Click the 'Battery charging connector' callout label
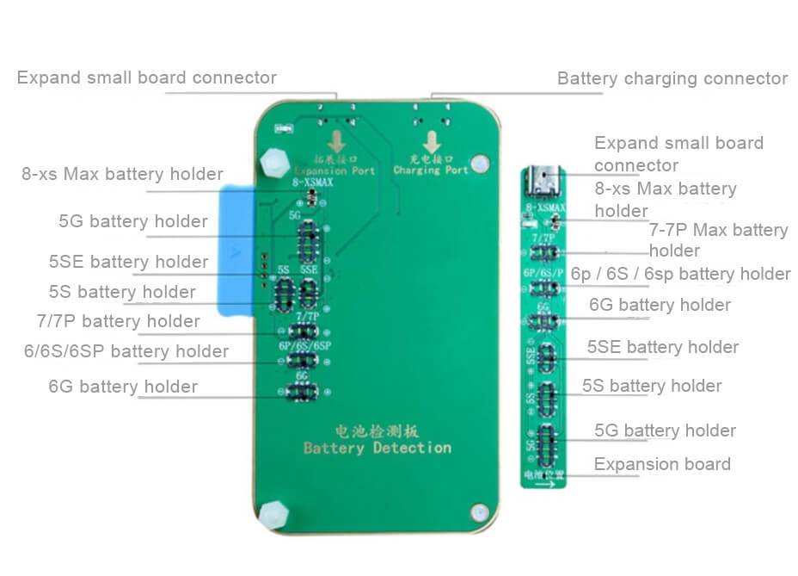click(x=672, y=78)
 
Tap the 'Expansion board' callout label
click(x=662, y=464)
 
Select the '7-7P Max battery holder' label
click(x=718, y=240)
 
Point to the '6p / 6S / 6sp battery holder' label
click(x=680, y=274)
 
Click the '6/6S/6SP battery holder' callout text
click(x=126, y=351)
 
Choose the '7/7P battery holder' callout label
click(x=118, y=321)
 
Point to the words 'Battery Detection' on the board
click(x=377, y=448)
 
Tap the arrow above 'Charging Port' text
click(x=429, y=142)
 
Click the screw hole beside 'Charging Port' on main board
click(x=481, y=161)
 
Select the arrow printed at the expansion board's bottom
click(x=543, y=483)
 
